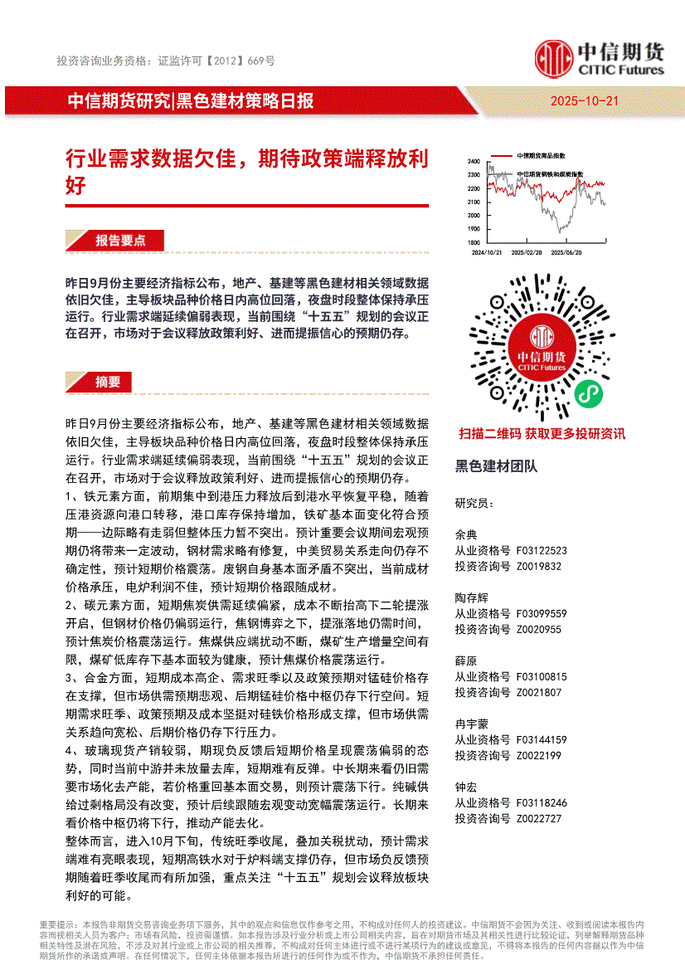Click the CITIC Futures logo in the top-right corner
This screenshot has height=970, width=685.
tap(599, 58)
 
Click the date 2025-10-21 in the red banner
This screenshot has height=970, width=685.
tap(584, 101)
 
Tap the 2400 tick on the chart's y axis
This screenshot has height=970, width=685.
tap(474, 161)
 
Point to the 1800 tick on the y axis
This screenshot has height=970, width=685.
tap(474, 241)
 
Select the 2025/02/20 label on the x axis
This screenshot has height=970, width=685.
tap(527, 252)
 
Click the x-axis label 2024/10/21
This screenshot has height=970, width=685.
tap(486, 252)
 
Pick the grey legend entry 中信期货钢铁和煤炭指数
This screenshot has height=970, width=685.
tap(549, 174)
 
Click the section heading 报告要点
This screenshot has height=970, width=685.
tap(120, 241)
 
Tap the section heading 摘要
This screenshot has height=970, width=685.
tap(108, 382)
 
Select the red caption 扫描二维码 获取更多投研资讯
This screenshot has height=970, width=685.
tap(542, 433)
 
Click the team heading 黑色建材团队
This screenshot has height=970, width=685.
tap(496, 466)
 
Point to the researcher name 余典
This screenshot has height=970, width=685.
tap(466, 534)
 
